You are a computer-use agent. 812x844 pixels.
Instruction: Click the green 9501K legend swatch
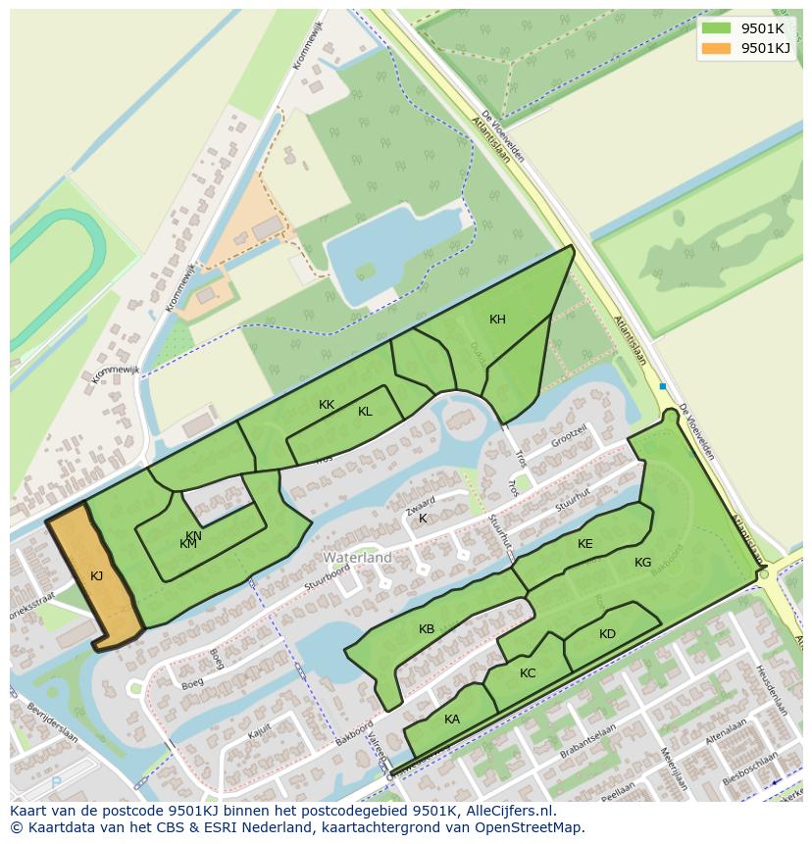[x=717, y=28]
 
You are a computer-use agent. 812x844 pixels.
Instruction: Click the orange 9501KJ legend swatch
[x=717, y=48]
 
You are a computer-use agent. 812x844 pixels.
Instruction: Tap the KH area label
[x=497, y=320]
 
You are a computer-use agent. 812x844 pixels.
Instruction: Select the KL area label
[x=365, y=412]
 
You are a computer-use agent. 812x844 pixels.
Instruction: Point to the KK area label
[x=327, y=404]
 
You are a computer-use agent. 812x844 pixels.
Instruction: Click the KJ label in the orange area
[x=96, y=576]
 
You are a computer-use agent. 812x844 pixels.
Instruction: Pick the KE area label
[x=585, y=544]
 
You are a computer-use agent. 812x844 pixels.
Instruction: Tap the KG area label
[x=642, y=563]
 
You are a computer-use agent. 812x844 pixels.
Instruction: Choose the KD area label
[x=607, y=634]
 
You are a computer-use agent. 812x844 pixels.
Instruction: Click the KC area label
[x=528, y=673]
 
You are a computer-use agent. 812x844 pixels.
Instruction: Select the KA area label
[x=452, y=720]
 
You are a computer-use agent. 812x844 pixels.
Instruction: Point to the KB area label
[x=427, y=629]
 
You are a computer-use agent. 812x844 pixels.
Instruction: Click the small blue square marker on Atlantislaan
[x=663, y=386]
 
